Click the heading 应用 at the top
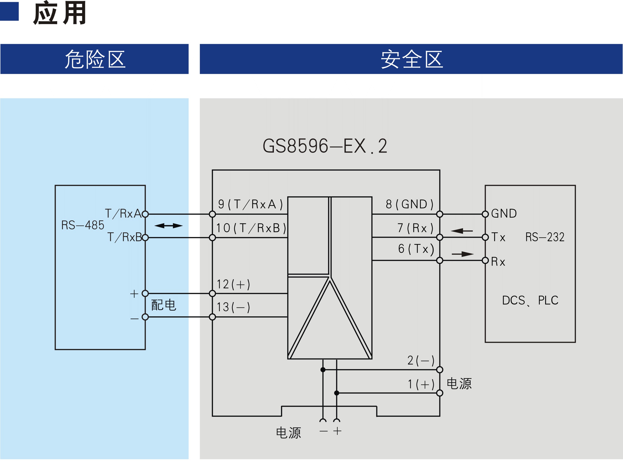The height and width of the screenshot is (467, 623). (x=60, y=13)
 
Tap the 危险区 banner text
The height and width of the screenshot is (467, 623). (x=95, y=59)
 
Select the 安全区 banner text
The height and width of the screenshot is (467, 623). (x=412, y=59)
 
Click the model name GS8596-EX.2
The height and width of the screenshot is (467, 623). (x=325, y=146)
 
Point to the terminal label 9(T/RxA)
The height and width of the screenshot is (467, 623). (x=250, y=204)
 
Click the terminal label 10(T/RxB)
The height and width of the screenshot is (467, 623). (x=251, y=228)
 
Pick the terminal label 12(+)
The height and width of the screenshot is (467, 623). (x=233, y=284)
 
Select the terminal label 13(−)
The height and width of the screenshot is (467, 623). (x=233, y=307)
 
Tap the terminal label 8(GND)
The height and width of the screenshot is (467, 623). (x=410, y=204)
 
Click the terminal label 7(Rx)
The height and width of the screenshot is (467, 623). (x=415, y=228)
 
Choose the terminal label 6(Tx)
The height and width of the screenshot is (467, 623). (x=416, y=249)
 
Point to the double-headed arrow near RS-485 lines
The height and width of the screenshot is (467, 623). (x=168, y=225)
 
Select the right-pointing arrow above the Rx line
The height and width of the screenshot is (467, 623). (x=463, y=254)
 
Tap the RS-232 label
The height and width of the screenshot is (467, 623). (x=545, y=237)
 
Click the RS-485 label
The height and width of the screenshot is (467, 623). (x=83, y=225)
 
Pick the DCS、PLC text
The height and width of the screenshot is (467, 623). (x=530, y=300)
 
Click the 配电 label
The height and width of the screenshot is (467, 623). (x=164, y=305)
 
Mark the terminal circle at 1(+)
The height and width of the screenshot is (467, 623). (x=440, y=393)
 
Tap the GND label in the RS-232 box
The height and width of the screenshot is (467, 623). (x=504, y=213)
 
